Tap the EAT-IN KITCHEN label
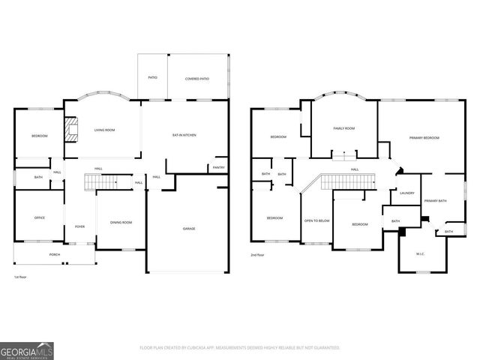point(184,135)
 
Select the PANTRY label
point(218,167)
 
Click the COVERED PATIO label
point(197,78)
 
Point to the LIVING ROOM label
point(104,130)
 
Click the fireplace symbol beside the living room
point(72,130)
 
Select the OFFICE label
point(39,217)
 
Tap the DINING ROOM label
point(121,222)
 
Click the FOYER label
point(79,226)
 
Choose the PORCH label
point(55,254)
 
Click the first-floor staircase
point(101,181)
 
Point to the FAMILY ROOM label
point(344,128)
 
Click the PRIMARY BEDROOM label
point(424,138)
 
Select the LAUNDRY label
point(407,193)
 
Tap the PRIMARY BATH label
point(435,201)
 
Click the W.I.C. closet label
point(420,253)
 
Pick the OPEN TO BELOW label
point(316,220)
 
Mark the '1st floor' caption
point(20,277)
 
